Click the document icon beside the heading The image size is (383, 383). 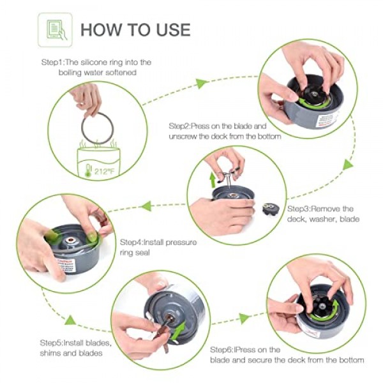(x=55, y=29)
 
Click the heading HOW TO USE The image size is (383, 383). (x=135, y=29)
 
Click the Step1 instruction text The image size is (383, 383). (x=96, y=68)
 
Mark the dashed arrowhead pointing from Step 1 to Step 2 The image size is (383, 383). (x=202, y=83)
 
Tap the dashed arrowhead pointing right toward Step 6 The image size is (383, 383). (x=244, y=318)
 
